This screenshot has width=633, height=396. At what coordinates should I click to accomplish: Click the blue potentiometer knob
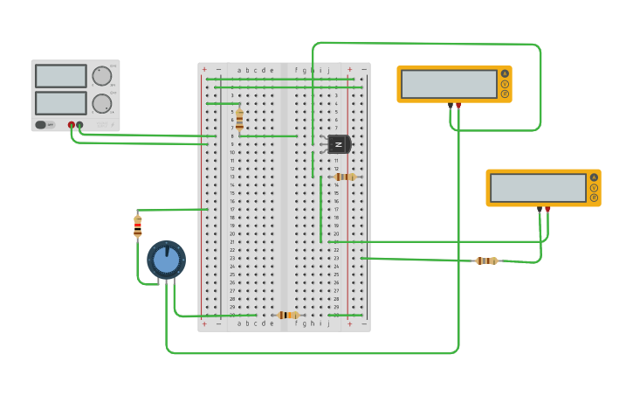click(166, 260)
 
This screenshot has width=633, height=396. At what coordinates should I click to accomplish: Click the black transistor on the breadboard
click(338, 144)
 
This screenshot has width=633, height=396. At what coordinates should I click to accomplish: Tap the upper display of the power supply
click(60, 76)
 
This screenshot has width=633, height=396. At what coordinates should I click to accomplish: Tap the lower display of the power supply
click(60, 103)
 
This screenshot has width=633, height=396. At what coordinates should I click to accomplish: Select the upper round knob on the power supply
click(102, 76)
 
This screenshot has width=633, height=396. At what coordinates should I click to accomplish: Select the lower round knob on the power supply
click(102, 104)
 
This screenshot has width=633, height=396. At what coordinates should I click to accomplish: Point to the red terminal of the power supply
click(72, 125)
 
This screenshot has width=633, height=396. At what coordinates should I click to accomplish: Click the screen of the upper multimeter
click(449, 84)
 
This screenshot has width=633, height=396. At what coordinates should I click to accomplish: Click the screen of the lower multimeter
click(538, 188)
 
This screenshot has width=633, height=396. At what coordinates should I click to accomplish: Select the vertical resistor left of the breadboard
click(137, 226)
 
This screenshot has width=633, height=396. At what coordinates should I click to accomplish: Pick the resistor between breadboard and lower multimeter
click(486, 261)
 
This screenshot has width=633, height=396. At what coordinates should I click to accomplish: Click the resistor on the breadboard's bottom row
click(287, 315)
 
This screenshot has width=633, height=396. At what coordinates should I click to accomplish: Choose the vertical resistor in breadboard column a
click(239, 119)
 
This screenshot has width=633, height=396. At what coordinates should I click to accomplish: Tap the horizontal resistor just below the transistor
click(345, 177)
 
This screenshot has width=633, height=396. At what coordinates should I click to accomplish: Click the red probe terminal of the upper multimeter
click(459, 105)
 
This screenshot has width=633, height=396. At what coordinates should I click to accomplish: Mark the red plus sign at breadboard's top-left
click(204, 69)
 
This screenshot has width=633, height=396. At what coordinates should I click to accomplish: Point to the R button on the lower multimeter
click(594, 198)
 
